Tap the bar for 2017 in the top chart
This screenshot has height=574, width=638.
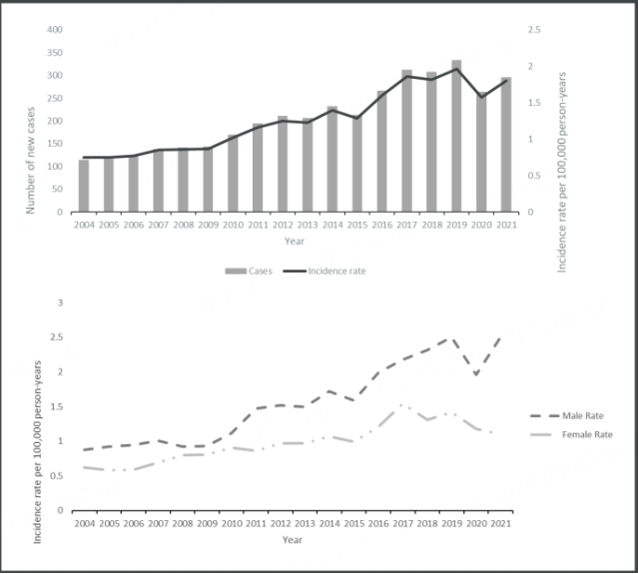(x=406, y=142)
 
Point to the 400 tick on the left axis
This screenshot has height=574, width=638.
(x=55, y=29)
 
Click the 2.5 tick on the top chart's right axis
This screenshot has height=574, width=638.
(x=535, y=29)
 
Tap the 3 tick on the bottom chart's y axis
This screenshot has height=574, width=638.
(x=61, y=302)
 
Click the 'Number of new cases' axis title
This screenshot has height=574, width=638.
(x=31, y=120)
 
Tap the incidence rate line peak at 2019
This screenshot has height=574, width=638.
(x=456, y=69)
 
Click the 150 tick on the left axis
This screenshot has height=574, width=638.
(x=55, y=144)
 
